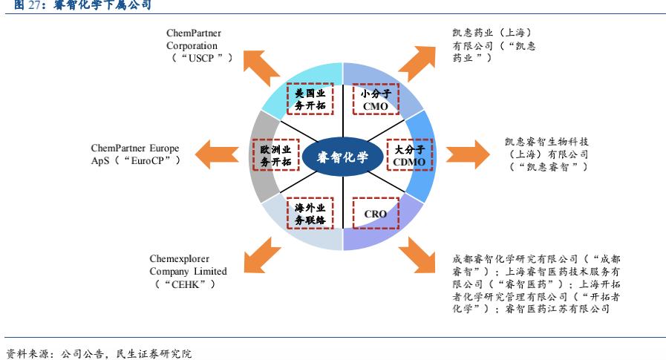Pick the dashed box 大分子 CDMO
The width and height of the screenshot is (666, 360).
click(x=409, y=157)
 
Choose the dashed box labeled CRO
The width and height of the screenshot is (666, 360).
click(x=376, y=214)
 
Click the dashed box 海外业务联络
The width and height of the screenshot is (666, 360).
click(x=310, y=214)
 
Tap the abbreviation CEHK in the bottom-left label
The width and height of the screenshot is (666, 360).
click(x=186, y=284)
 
